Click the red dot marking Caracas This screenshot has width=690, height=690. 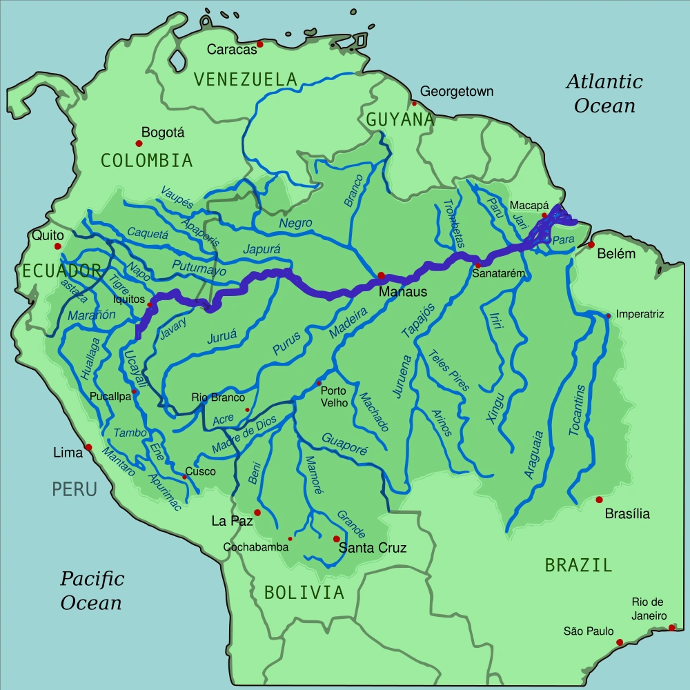click(260, 45)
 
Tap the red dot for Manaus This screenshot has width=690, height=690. click(380, 275)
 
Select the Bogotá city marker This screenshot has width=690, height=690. click(139, 144)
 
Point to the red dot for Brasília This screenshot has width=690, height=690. click(599, 499)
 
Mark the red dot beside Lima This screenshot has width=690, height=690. click(88, 447)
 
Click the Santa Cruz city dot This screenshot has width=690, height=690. click(336, 539)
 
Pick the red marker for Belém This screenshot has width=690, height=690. click(591, 244)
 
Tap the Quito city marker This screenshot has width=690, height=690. click(59, 246)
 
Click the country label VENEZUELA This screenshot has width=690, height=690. click(246, 79)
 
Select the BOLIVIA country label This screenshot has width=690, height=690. click(304, 592)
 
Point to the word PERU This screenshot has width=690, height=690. click(74, 489)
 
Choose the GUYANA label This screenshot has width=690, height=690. click(400, 119)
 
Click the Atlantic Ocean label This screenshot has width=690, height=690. click(604, 93)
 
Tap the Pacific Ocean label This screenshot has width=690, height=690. click(91, 590)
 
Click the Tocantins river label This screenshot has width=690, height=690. click(578, 409)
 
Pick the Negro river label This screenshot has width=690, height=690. click(295, 224)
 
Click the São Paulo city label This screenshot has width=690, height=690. click(587, 631)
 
